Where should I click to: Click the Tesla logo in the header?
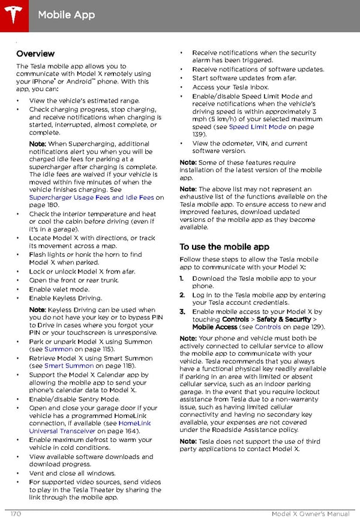[13, 13]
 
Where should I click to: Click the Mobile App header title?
[66, 14]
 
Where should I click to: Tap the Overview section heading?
[35, 54]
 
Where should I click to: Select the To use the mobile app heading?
[224, 247]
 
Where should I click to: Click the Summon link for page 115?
[59, 349]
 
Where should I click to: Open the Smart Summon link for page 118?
[68, 365]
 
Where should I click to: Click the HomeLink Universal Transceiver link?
[84, 427]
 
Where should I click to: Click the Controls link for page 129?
[268, 327]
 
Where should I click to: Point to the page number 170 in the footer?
[17, 514]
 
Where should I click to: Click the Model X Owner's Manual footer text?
[310, 514]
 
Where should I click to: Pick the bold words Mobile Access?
[215, 327]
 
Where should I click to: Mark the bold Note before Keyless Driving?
[38, 310]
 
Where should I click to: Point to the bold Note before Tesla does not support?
[188, 441]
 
